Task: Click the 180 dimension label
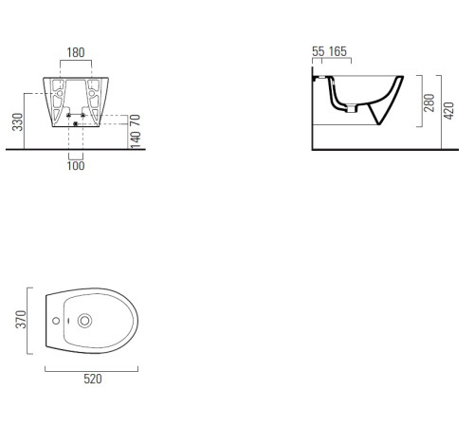pyautogui.click(x=76, y=52)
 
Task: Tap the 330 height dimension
pyautogui.click(x=18, y=121)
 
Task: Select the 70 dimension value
pyautogui.click(x=135, y=120)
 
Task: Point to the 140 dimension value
pyautogui.click(x=135, y=139)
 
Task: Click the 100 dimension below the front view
pyautogui.click(x=76, y=166)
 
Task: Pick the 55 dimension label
pyautogui.click(x=319, y=51)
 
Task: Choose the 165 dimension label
pyautogui.click(x=337, y=51)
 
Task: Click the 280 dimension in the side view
pyautogui.click(x=429, y=102)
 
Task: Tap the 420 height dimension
pyautogui.click(x=448, y=110)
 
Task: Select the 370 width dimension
pyautogui.click(x=21, y=320)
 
